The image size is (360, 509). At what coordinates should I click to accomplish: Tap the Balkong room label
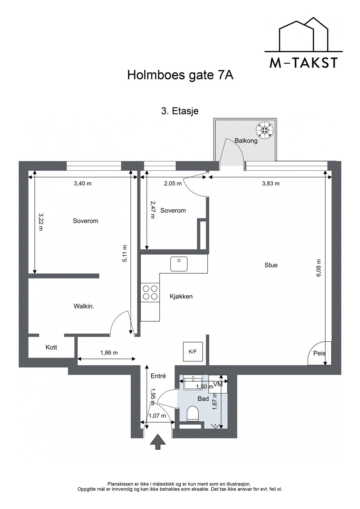(246, 141)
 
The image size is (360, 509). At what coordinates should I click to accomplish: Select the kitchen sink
(179, 264)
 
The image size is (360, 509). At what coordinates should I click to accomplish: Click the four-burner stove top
(150, 292)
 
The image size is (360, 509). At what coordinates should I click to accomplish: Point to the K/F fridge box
(193, 351)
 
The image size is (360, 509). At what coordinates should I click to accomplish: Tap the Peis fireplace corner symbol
(320, 353)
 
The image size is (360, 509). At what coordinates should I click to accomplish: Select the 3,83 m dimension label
(271, 184)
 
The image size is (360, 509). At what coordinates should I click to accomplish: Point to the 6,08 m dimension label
(319, 268)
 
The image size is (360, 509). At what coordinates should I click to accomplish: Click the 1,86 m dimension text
(109, 353)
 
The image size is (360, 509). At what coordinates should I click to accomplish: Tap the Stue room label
(271, 265)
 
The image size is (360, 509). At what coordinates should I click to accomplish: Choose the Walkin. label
(84, 306)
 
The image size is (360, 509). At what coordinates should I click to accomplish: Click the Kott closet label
(51, 347)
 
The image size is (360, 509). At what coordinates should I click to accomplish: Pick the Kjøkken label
(181, 296)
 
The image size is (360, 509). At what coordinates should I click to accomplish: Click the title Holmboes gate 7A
(180, 76)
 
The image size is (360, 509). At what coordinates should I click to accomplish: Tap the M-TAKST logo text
(303, 63)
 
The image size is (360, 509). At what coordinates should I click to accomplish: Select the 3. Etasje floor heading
(180, 111)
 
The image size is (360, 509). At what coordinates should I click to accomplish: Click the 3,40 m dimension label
(83, 184)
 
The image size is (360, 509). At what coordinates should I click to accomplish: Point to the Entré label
(158, 376)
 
